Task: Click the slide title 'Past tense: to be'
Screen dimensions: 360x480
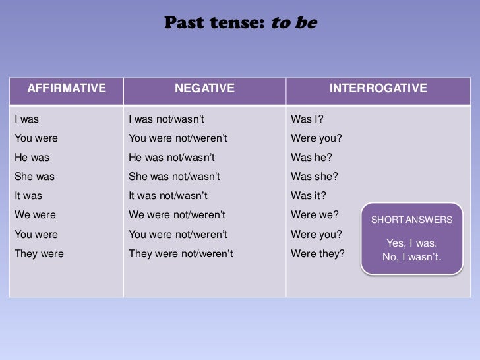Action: point(241,23)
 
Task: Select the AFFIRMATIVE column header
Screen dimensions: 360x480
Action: point(67,88)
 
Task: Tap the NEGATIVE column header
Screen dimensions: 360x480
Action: point(204,88)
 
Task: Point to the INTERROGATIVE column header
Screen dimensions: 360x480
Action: point(378,88)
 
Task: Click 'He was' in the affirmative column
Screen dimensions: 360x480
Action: point(32,158)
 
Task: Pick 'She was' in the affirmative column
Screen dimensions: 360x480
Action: point(34,177)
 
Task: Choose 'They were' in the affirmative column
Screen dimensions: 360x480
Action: point(39,253)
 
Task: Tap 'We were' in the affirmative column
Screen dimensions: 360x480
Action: point(35,215)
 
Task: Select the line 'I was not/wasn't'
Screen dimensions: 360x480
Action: point(166,119)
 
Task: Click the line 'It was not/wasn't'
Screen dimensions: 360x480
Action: point(167,196)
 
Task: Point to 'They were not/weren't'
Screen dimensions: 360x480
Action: point(181,253)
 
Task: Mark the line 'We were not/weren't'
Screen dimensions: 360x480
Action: point(177,215)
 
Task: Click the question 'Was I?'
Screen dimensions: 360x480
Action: point(307,119)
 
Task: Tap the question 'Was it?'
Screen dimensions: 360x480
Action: point(309,196)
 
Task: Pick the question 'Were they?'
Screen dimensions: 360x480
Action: point(318,253)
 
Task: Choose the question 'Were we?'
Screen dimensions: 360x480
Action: point(315,215)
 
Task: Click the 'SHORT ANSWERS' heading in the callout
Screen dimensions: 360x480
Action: point(411,220)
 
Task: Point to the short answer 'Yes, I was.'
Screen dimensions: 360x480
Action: point(411,243)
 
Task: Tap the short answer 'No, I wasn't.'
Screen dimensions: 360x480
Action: point(411,256)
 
